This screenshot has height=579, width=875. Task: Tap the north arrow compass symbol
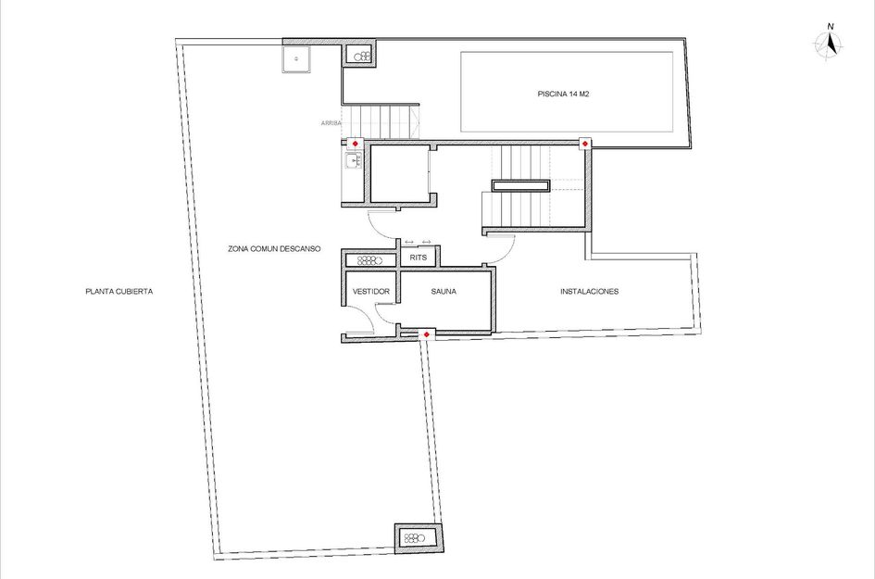point(829,44)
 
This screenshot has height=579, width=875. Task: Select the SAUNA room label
point(444,291)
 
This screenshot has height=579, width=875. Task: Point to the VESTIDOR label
point(370,291)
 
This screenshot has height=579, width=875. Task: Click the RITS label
point(419,258)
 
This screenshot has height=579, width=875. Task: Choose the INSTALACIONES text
point(589,291)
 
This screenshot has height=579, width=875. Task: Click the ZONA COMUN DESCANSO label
point(273,249)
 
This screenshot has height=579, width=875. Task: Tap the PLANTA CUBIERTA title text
point(119,291)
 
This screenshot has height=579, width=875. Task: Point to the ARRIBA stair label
point(331,122)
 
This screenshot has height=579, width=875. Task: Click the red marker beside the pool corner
point(585,144)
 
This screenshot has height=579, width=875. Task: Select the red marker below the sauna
point(426,334)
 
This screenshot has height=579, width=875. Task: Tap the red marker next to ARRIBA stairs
point(355,144)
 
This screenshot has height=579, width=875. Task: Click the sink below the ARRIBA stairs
point(352,162)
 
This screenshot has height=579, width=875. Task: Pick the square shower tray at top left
point(296,58)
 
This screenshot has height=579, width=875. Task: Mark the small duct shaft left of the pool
point(360,56)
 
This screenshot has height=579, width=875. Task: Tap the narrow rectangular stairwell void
point(520,185)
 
